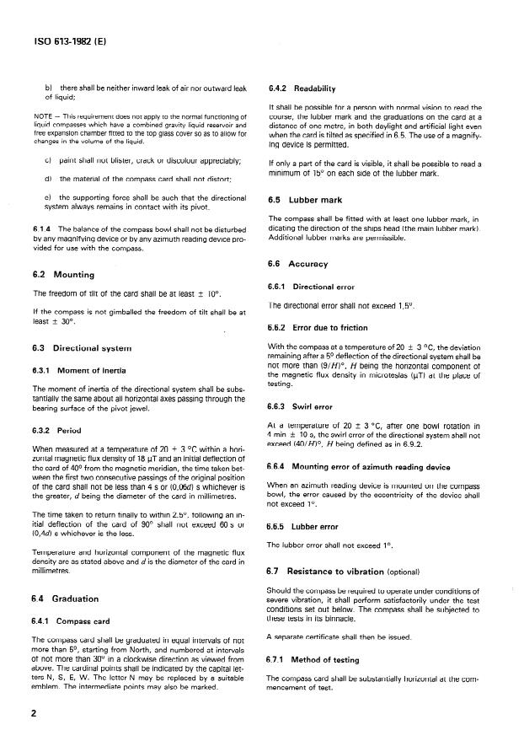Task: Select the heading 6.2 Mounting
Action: (65, 275)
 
